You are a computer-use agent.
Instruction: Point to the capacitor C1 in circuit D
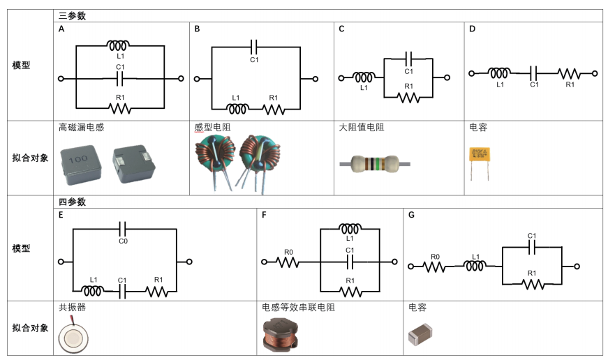[x=534, y=73]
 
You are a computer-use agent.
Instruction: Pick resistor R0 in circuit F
[x=289, y=263]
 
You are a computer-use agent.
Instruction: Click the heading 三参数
[x=73, y=15]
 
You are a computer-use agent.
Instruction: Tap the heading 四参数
[x=73, y=202]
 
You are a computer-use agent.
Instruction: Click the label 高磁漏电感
[x=82, y=128]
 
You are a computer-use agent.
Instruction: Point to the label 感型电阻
[x=212, y=128]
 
